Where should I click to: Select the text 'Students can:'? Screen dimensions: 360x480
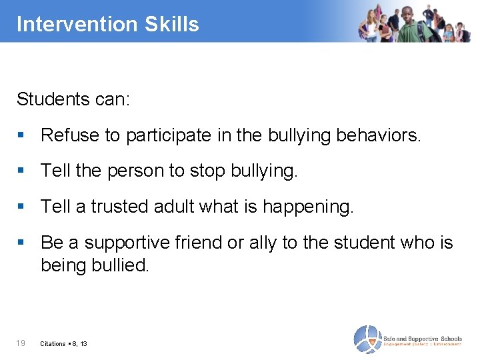[73, 99]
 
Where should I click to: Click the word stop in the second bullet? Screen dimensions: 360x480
[207, 171]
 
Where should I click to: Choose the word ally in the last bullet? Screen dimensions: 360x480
[263, 243]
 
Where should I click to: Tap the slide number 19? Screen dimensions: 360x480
[21, 343]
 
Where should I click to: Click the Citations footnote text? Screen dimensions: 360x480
[63, 343]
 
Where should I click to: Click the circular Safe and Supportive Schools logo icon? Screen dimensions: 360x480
[366, 339]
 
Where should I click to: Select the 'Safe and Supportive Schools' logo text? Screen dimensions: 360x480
[422, 339]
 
